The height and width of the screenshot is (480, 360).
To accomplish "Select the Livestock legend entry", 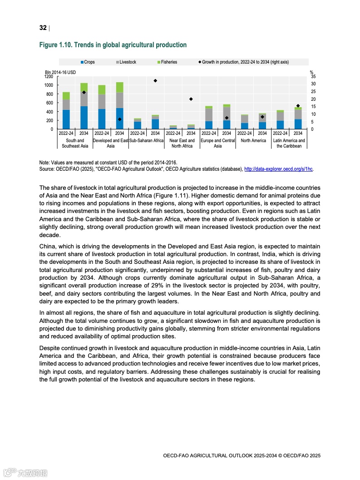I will click(x=127, y=62).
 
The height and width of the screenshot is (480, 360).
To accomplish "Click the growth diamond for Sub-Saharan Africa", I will click(x=155, y=81).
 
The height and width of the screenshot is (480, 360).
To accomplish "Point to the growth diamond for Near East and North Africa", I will click(x=191, y=99).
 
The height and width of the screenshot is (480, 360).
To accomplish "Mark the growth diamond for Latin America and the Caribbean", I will click(x=298, y=106).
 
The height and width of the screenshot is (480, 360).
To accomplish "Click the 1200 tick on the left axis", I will click(x=49, y=77).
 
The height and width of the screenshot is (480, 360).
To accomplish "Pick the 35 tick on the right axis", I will click(x=313, y=77).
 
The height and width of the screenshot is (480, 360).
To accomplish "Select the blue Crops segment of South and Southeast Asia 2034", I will click(x=84, y=118).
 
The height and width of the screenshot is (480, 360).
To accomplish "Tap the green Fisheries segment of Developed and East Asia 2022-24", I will click(x=102, y=89).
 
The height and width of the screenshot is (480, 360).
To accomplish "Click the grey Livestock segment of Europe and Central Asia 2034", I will click(x=227, y=114).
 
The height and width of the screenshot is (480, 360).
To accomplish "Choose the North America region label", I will click(x=253, y=141).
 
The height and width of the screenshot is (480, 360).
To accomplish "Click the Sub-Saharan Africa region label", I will click(x=146, y=141).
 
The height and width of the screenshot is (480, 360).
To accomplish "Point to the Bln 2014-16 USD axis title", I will click(x=60, y=72).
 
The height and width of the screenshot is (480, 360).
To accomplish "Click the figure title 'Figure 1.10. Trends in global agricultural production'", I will click(x=113, y=45).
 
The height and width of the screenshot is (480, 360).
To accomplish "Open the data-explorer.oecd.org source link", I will click(x=278, y=169).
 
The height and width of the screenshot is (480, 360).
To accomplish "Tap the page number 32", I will click(x=43, y=28).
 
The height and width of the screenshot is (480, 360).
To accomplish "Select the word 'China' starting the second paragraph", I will click(x=48, y=247).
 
